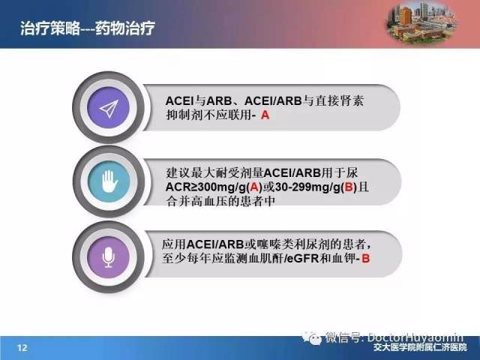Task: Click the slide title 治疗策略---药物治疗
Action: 88,28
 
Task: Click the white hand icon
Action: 109,181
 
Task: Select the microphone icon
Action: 108,257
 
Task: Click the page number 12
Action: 22,348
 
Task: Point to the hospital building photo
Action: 421,22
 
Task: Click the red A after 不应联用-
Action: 265,115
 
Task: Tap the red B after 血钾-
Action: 366,259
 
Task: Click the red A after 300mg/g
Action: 253,187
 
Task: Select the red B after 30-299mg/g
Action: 349,187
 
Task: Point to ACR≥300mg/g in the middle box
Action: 205,187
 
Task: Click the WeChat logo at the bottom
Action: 312,337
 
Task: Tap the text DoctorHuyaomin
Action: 415,337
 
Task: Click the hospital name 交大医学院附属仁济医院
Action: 420,347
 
